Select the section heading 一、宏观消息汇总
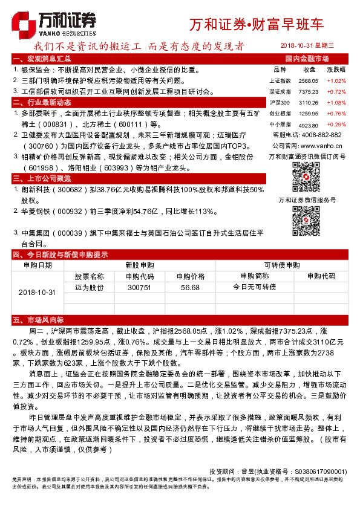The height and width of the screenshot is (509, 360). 42,59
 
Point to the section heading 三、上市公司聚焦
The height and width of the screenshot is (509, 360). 42,178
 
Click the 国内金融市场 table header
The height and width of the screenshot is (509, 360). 307,59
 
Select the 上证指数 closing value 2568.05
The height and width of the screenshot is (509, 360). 309,80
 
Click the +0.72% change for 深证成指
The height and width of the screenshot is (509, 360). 336,91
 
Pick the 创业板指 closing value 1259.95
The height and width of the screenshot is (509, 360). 309,113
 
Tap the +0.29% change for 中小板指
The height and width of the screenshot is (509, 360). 336,124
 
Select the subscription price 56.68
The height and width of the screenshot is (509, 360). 190,287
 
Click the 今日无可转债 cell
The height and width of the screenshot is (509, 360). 254,287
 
